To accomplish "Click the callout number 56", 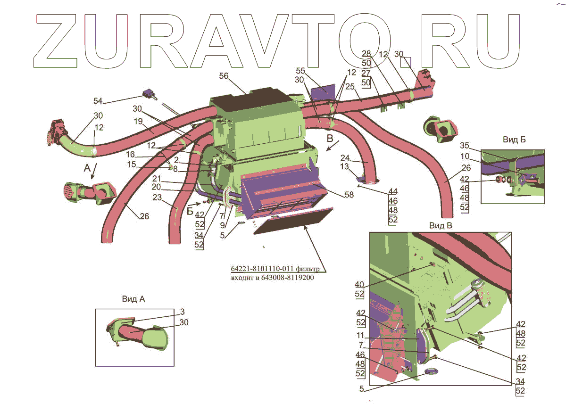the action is click(x=224, y=76).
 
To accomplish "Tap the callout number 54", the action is click(x=98, y=101).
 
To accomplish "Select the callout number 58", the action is click(x=349, y=195).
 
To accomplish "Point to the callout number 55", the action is click(x=300, y=70).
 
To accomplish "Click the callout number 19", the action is click(x=138, y=121).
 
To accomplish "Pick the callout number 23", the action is click(x=157, y=197).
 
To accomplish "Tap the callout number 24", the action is click(x=345, y=157).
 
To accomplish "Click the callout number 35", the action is click(x=465, y=145).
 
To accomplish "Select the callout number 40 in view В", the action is click(x=359, y=284).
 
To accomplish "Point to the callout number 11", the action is click(x=360, y=335).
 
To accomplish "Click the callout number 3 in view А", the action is click(x=182, y=312).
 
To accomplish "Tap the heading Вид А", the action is click(x=133, y=298).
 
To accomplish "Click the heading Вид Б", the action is click(x=514, y=140).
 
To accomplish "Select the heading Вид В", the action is click(x=441, y=225).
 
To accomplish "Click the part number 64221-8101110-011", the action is click(x=262, y=269).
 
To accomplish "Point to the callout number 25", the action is click(x=350, y=86).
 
